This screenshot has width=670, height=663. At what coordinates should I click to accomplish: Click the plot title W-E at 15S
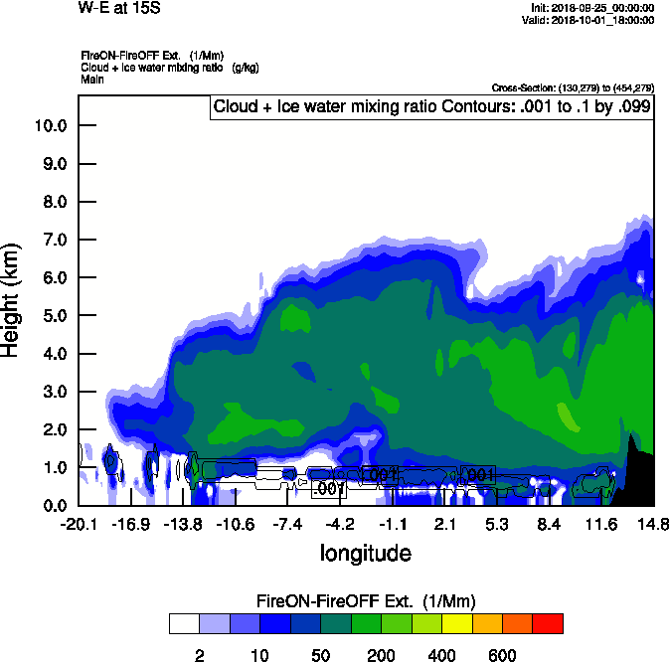point(118,8)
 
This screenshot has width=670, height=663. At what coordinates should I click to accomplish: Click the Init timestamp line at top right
point(592,8)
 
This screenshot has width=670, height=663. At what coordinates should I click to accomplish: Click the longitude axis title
point(365,553)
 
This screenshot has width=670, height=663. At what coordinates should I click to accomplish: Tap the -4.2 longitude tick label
point(340,524)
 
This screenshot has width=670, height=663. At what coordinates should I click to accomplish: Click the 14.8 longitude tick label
point(652,524)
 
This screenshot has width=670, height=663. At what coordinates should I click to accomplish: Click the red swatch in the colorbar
point(548,623)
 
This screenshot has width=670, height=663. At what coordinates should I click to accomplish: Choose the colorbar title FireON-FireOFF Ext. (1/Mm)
point(366,601)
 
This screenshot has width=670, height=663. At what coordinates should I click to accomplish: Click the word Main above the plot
point(92,79)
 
